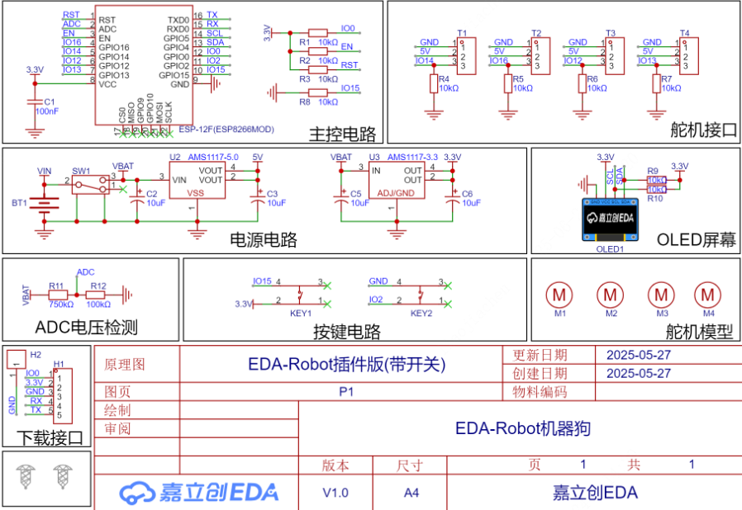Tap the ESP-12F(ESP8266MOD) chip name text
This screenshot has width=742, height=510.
(x=226, y=130)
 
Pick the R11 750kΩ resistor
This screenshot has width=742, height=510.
(x=57, y=295)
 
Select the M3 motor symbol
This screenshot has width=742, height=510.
(x=660, y=293)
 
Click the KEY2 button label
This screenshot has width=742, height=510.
(x=421, y=314)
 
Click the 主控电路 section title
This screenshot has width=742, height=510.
(x=342, y=135)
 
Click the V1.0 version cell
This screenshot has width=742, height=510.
(x=335, y=493)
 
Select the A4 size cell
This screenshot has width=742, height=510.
(x=411, y=493)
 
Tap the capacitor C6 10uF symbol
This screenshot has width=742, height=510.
(x=452, y=197)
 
